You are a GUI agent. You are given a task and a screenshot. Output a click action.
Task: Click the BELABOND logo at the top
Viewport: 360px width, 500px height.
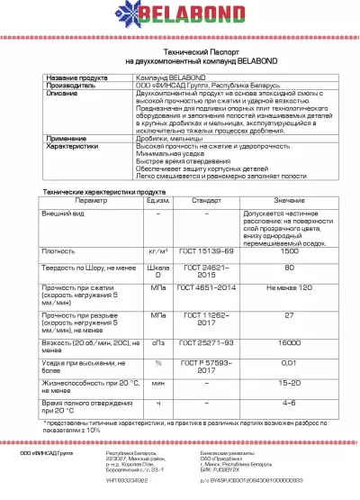[x=180, y=20]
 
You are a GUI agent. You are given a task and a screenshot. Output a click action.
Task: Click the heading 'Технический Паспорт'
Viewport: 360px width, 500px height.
[x=180, y=53]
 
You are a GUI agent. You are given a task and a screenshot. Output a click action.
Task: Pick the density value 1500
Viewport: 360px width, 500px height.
[x=290, y=251]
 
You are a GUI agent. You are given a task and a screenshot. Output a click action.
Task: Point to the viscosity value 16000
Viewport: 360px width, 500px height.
[x=290, y=344]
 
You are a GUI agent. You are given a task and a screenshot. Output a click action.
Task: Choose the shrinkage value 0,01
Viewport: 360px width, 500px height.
[x=290, y=362]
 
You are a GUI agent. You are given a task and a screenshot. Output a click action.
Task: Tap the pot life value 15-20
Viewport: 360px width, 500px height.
[x=290, y=384]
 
